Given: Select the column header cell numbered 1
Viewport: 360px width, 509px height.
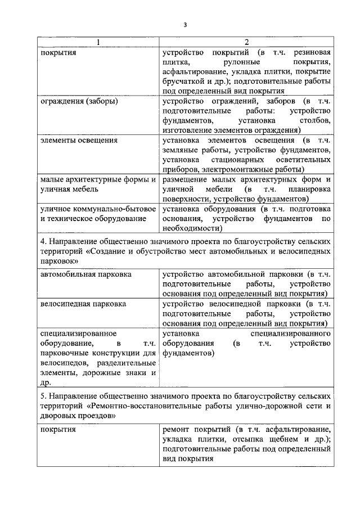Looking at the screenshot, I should [x=98, y=42].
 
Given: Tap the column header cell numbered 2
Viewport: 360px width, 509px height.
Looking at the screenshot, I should [x=246, y=42].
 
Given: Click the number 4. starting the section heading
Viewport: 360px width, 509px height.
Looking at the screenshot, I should [x=44, y=241].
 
